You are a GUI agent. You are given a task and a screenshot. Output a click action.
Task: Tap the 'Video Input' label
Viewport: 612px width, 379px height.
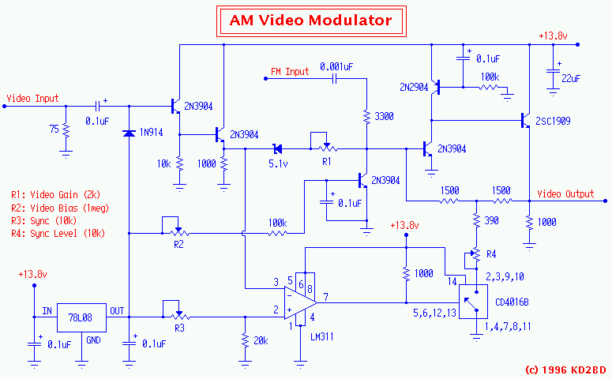click(x=32, y=99)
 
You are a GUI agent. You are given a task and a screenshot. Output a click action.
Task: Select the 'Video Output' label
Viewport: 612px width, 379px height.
click(x=565, y=193)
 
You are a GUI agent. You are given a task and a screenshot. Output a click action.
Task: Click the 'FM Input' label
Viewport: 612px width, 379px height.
click(x=290, y=72)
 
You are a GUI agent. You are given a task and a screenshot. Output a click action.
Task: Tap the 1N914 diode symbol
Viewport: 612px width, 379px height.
click(x=129, y=133)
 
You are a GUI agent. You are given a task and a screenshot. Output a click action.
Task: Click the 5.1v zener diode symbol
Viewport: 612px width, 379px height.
click(x=277, y=148)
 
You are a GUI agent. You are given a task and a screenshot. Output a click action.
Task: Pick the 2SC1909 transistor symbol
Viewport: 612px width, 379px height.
click(x=524, y=121)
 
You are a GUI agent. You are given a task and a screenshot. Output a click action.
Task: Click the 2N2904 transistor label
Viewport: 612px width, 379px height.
click(x=413, y=88)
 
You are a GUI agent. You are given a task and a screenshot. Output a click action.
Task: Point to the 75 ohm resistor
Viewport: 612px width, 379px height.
click(x=66, y=129)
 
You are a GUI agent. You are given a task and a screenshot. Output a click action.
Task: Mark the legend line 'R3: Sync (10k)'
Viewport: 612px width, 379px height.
click(x=44, y=220)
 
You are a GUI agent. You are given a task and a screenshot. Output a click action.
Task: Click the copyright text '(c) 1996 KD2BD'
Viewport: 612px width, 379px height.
click(x=565, y=369)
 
